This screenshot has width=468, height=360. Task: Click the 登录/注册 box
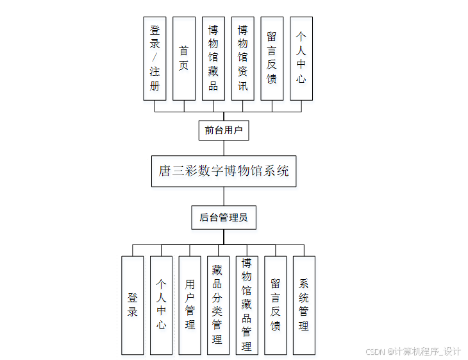[155, 58]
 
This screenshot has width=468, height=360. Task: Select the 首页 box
[184, 58]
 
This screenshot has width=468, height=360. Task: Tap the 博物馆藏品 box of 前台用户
[213, 58]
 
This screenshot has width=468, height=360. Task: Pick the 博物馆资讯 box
[243, 58]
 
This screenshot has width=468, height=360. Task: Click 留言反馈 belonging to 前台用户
[272, 58]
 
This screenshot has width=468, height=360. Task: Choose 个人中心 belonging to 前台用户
[301, 58]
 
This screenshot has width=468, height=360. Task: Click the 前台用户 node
[223, 130]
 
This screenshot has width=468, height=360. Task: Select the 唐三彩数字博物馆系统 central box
[224, 171]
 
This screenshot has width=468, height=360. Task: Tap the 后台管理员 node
[224, 218]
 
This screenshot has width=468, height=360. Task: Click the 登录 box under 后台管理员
[133, 305]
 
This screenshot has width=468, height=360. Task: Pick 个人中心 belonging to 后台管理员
[161, 305]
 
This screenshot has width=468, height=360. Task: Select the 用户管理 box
[190, 305]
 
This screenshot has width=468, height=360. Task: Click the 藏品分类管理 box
[218, 305]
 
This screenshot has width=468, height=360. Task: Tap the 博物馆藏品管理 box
[247, 305]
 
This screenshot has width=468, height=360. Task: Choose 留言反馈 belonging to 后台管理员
[275, 305]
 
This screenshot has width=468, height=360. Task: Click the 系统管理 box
[304, 305]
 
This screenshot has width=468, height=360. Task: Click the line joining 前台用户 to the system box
[224, 148]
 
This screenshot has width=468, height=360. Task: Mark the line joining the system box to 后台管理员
[224, 196]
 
